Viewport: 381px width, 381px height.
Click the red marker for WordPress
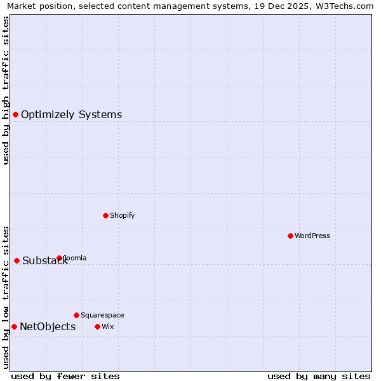coord(290,236)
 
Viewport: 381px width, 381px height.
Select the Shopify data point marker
coord(105,215)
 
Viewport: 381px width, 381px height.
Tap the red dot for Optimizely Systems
coord(15,114)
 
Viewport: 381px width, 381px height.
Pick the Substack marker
coord(17,260)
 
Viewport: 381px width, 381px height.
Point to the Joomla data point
coord(59,258)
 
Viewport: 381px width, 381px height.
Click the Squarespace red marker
coord(76,315)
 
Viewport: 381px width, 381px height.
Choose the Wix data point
coord(97,326)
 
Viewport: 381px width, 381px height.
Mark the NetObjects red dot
coord(14,326)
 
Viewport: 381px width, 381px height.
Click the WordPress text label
coord(312,236)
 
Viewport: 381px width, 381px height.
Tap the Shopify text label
coord(123,215)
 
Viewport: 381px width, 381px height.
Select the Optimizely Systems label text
coord(71,114)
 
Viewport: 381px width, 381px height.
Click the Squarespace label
coord(102,315)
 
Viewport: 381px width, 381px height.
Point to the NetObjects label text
coord(48,326)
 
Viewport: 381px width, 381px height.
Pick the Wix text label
coord(107,326)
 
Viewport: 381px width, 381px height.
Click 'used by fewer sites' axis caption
coord(65,376)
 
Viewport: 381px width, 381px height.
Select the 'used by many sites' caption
coord(319,376)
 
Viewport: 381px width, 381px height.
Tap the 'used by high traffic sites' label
coord(6,90)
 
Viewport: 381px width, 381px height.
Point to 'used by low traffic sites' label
coord(6,297)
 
